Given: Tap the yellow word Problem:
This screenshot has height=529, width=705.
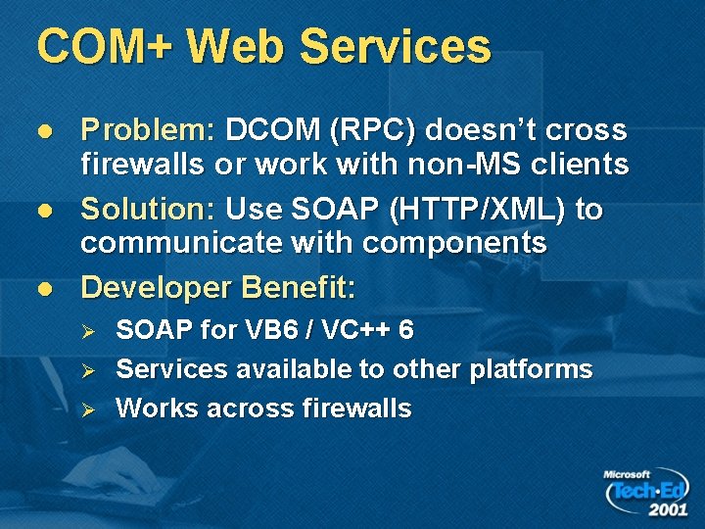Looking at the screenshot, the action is point(148,131).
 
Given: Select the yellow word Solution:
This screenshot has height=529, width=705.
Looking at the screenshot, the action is point(150,210).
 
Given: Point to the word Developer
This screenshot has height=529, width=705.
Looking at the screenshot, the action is point(158,288).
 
